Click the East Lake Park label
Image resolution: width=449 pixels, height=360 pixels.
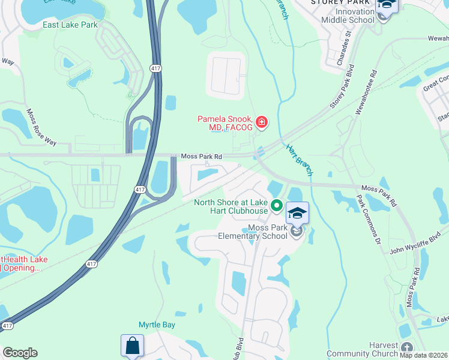pos(70,25)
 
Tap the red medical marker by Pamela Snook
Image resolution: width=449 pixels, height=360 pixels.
pos(261,123)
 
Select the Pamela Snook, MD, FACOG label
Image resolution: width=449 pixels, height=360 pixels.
pos(224,123)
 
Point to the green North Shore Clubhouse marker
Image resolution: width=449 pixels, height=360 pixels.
pos(276,206)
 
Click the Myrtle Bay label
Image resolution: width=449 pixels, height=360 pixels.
pos(157,325)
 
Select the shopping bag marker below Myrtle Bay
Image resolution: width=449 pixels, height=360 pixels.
pos(132,346)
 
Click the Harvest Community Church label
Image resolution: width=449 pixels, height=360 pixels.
pos(371,350)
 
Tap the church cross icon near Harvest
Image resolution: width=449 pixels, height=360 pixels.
pos(407,348)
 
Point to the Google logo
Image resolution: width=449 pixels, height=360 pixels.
pos(20,353)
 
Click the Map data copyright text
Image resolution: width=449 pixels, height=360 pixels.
pos(423,355)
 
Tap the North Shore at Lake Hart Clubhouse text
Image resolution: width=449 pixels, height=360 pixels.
pos(231,206)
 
